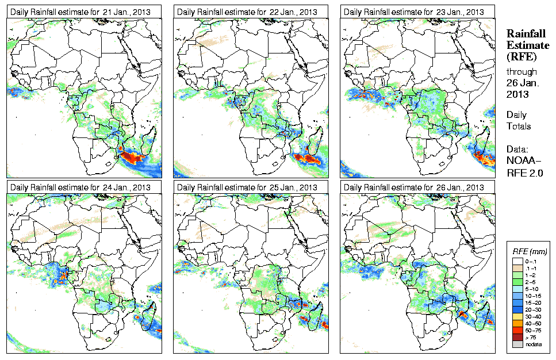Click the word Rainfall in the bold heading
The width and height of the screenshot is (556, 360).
[525, 34]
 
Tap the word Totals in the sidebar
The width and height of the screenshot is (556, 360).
[519, 126]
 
